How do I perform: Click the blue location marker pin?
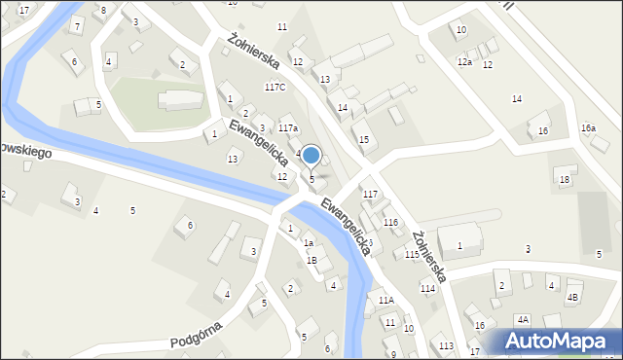pyautogui.click(x=311, y=156)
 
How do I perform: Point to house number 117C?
pyautogui.click(x=275, y=88)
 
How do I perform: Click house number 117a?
pyautogui.click(x=288, y=128)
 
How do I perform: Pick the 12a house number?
pyautogui.click(x=465, y=62)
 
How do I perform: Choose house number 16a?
pyautogui.click(x=588, y=128)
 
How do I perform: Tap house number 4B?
pyautogui.click(x=572, y=297)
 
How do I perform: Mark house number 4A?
pyautogui.click(x=523, y=319)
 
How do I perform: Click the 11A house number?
pyautogui.click(x=386, y=301)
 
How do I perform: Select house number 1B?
pyautogui.click(x=311, y=260)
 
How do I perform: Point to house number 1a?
pyautogui.click(x=308, y=243)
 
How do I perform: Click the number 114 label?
pyautogui.click(x=427, y=289)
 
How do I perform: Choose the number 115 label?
pyautogui.click(x=412, y=254)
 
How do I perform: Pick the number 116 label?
pyautogui.click(x=390, y=223)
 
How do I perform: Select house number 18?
pyautogui.click(x=564, y=180)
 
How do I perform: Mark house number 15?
pyautogui.click(x=364, y=140)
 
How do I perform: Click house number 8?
pyautogui.click(x=104, y=10)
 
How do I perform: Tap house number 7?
pyautogui.click(x=77, y=26)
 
